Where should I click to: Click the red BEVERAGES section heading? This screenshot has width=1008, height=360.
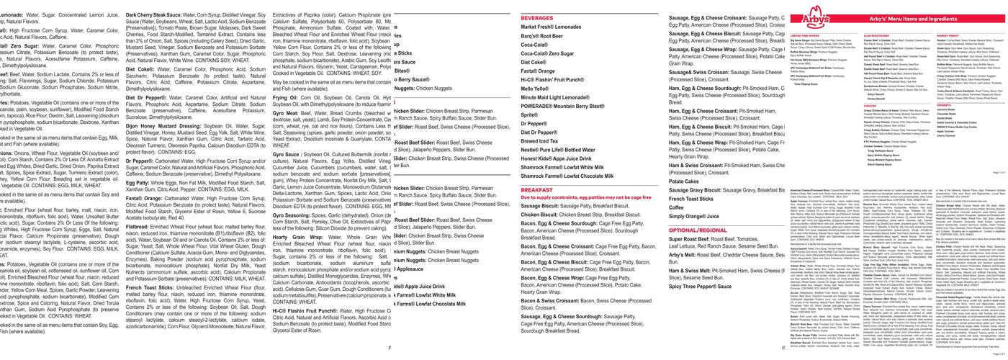(x=537, y=17)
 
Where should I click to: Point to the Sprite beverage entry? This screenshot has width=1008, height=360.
(x=531, y=114)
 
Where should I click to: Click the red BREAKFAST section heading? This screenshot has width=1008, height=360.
(x=537, y=190)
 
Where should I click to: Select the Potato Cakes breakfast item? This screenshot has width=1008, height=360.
(x=684, y=181)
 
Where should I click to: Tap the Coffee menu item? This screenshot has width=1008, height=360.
(x=678, y=207)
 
